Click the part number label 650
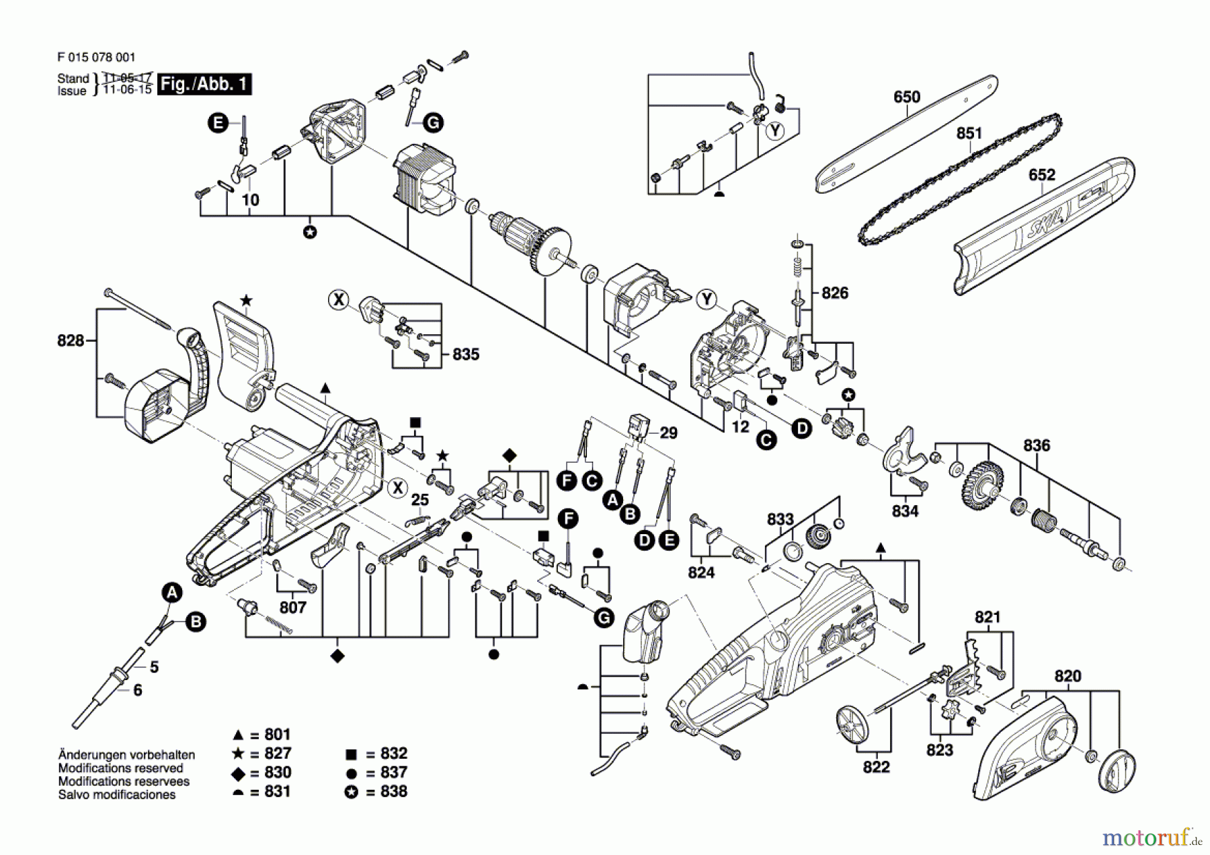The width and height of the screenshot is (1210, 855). click(906, 97)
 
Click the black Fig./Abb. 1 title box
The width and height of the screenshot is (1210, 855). click(204, 84)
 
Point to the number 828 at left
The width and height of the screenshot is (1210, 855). click(71, 340)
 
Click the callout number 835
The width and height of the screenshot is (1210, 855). click(465, 355)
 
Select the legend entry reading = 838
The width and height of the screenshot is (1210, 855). click(386, 792)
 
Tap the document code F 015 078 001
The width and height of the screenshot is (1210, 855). click(96, 58)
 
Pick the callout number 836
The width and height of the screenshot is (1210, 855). click(1036, 445)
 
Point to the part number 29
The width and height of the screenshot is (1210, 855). click(668, 433)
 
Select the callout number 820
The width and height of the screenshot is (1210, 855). click(1067, 676)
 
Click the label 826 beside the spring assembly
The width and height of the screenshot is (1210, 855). click(834, 293)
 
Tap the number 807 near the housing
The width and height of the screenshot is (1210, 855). click(292, 607)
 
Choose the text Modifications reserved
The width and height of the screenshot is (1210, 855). click(120, 768)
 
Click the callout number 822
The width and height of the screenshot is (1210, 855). click(876, 767)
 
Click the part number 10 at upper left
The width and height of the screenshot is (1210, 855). click(250, 200)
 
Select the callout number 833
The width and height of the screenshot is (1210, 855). click(780, 519)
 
